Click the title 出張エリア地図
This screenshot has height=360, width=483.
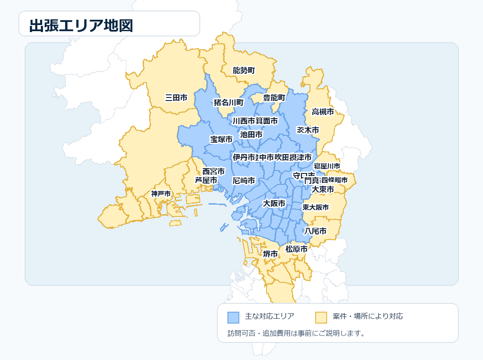tap(81, 26)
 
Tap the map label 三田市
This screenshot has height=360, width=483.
tap(176, 97)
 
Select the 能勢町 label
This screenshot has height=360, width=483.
tap(244, 70)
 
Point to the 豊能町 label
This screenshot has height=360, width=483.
tap(274, 97)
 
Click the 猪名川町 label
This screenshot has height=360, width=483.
tap(228, 102)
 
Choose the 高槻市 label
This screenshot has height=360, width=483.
tap(323, 112)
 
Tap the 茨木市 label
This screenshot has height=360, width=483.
tap(308, 130)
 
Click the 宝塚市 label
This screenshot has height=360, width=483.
tap(221, 139)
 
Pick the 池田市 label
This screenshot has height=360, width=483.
tap(251, 134)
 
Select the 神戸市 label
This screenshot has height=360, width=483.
tap(161, 194)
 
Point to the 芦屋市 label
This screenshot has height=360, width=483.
tap(206, 180)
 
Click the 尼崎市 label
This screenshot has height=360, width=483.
tap(244, 180)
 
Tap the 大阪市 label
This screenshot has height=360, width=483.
tap(274, 203)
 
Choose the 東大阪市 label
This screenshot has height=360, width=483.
tap(315, 207)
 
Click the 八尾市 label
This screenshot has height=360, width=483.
tap(316, 230)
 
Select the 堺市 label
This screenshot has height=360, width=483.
tap(270, 254)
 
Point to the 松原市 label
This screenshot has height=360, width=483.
tap(296, 248)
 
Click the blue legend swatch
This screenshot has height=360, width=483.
tap(234, 317)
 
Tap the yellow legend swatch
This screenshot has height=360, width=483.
tap(321, 317)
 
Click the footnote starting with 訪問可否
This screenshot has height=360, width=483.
tap(296, 333)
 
